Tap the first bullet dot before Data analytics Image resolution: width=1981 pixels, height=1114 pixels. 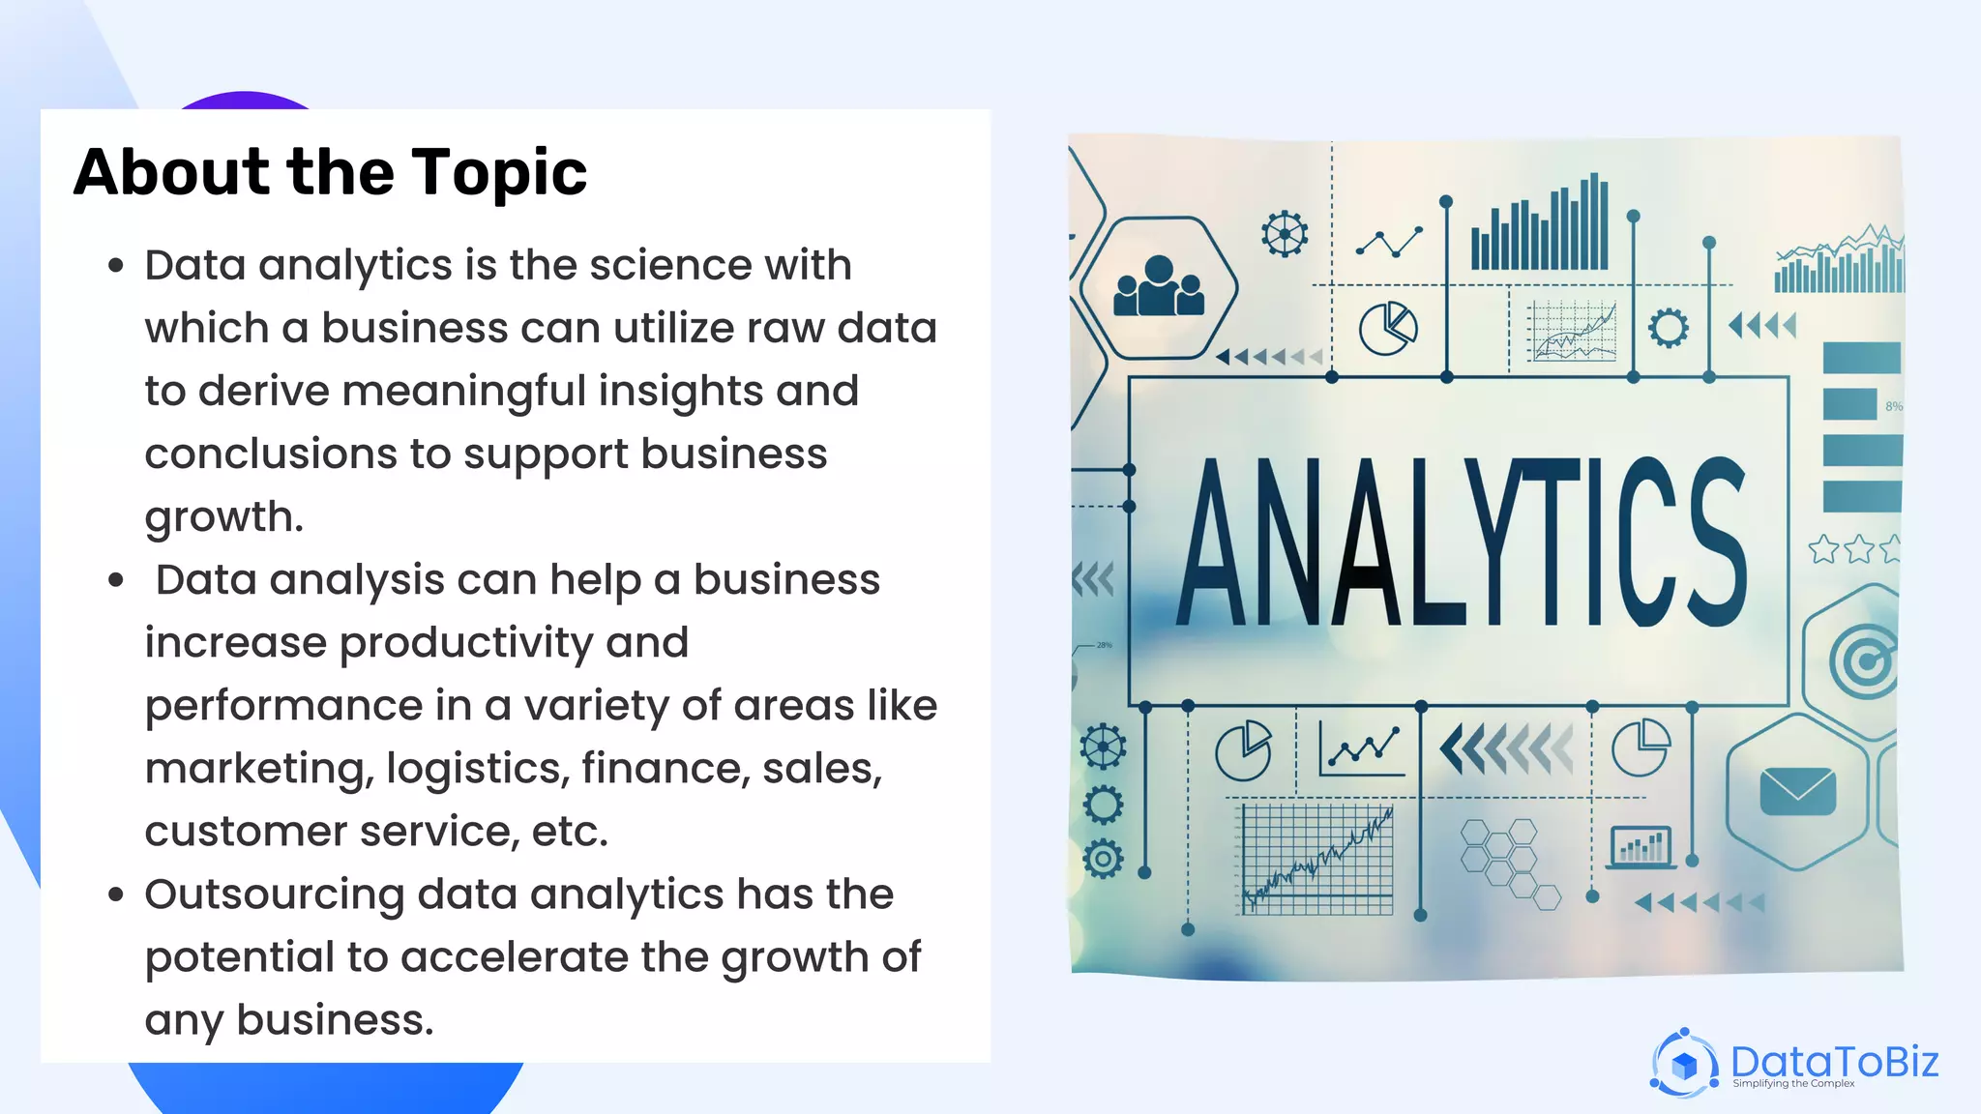tap(116, 266)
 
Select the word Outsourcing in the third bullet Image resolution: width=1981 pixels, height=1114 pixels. tap(274, 894)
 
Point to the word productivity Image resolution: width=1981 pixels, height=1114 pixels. tap(466, 643)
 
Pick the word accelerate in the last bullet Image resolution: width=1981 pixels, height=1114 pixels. tap(515, 957)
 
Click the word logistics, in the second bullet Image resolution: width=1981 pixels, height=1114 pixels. tap(477, 769)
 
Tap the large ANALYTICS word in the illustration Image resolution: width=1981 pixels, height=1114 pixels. tap(1461, 543)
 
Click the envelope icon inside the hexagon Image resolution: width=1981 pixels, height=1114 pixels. tap(1797, 792)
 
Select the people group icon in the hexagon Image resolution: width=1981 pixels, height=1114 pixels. tap(1158, 288)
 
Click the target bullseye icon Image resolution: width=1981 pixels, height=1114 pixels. tap(1864, 661)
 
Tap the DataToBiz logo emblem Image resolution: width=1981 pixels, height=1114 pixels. tap(1684, 1064)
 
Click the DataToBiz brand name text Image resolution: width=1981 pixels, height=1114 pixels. tap(1834, 1061)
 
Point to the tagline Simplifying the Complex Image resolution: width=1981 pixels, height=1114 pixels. tap(1793, 1084)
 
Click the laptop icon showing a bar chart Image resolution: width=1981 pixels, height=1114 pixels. tap(1641, 847)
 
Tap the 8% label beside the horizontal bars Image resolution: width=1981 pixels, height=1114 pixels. tap(1893, 406)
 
